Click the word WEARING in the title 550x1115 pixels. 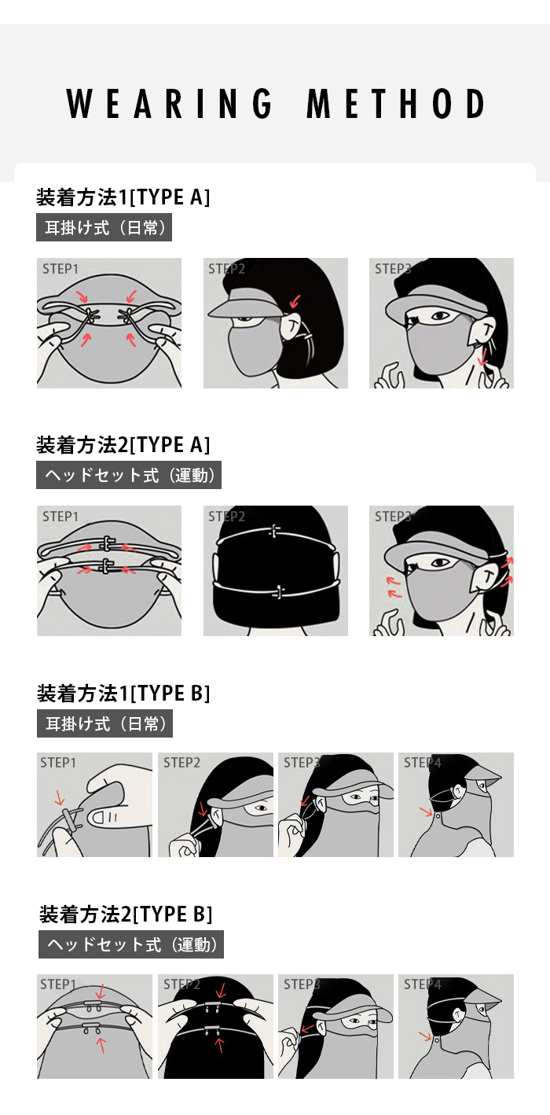tap(169, 104)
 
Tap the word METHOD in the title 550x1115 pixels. tap(396, 104)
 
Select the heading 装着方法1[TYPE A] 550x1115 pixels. tap(123, 197)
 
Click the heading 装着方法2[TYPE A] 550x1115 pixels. tap(123, 444)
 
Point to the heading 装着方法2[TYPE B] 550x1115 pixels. tap(126, 914)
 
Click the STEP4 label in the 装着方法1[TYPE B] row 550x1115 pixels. tap(422, 762)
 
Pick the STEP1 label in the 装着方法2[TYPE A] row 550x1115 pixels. tap(60, 516)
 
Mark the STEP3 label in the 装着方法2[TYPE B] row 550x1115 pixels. tap(302, 984)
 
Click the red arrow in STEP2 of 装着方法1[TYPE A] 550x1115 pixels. tap(295, 300)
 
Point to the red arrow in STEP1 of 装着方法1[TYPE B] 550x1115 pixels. tap(60, 797)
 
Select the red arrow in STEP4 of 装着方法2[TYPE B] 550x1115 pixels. tap(425, 1036)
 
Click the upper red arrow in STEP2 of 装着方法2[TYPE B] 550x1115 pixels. tap(221, 990)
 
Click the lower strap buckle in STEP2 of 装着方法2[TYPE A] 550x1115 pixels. tap(278, 592)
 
